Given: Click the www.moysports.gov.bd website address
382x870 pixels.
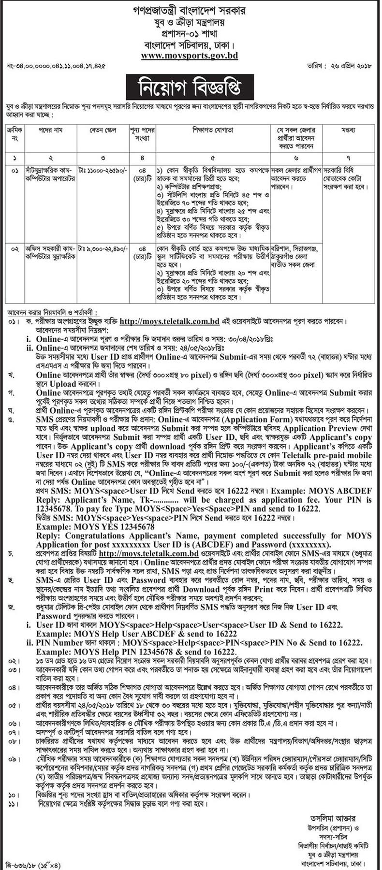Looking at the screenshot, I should (x=189, y=56).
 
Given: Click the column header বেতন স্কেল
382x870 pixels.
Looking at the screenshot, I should (x=102, y=130).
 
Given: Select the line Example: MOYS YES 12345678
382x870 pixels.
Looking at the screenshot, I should (x=96, y=526).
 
